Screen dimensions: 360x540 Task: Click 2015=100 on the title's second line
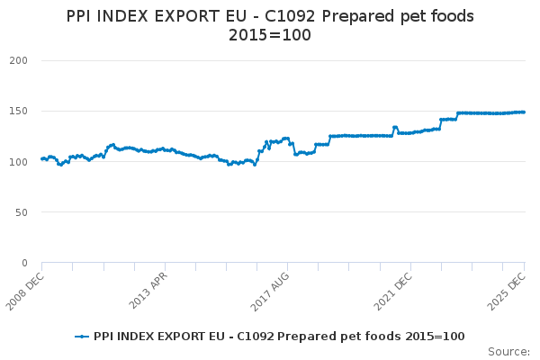270,37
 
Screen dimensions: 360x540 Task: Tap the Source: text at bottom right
508,351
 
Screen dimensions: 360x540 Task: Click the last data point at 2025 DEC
525,112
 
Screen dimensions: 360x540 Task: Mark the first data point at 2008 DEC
41,159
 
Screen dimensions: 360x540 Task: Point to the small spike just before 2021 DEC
395,128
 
